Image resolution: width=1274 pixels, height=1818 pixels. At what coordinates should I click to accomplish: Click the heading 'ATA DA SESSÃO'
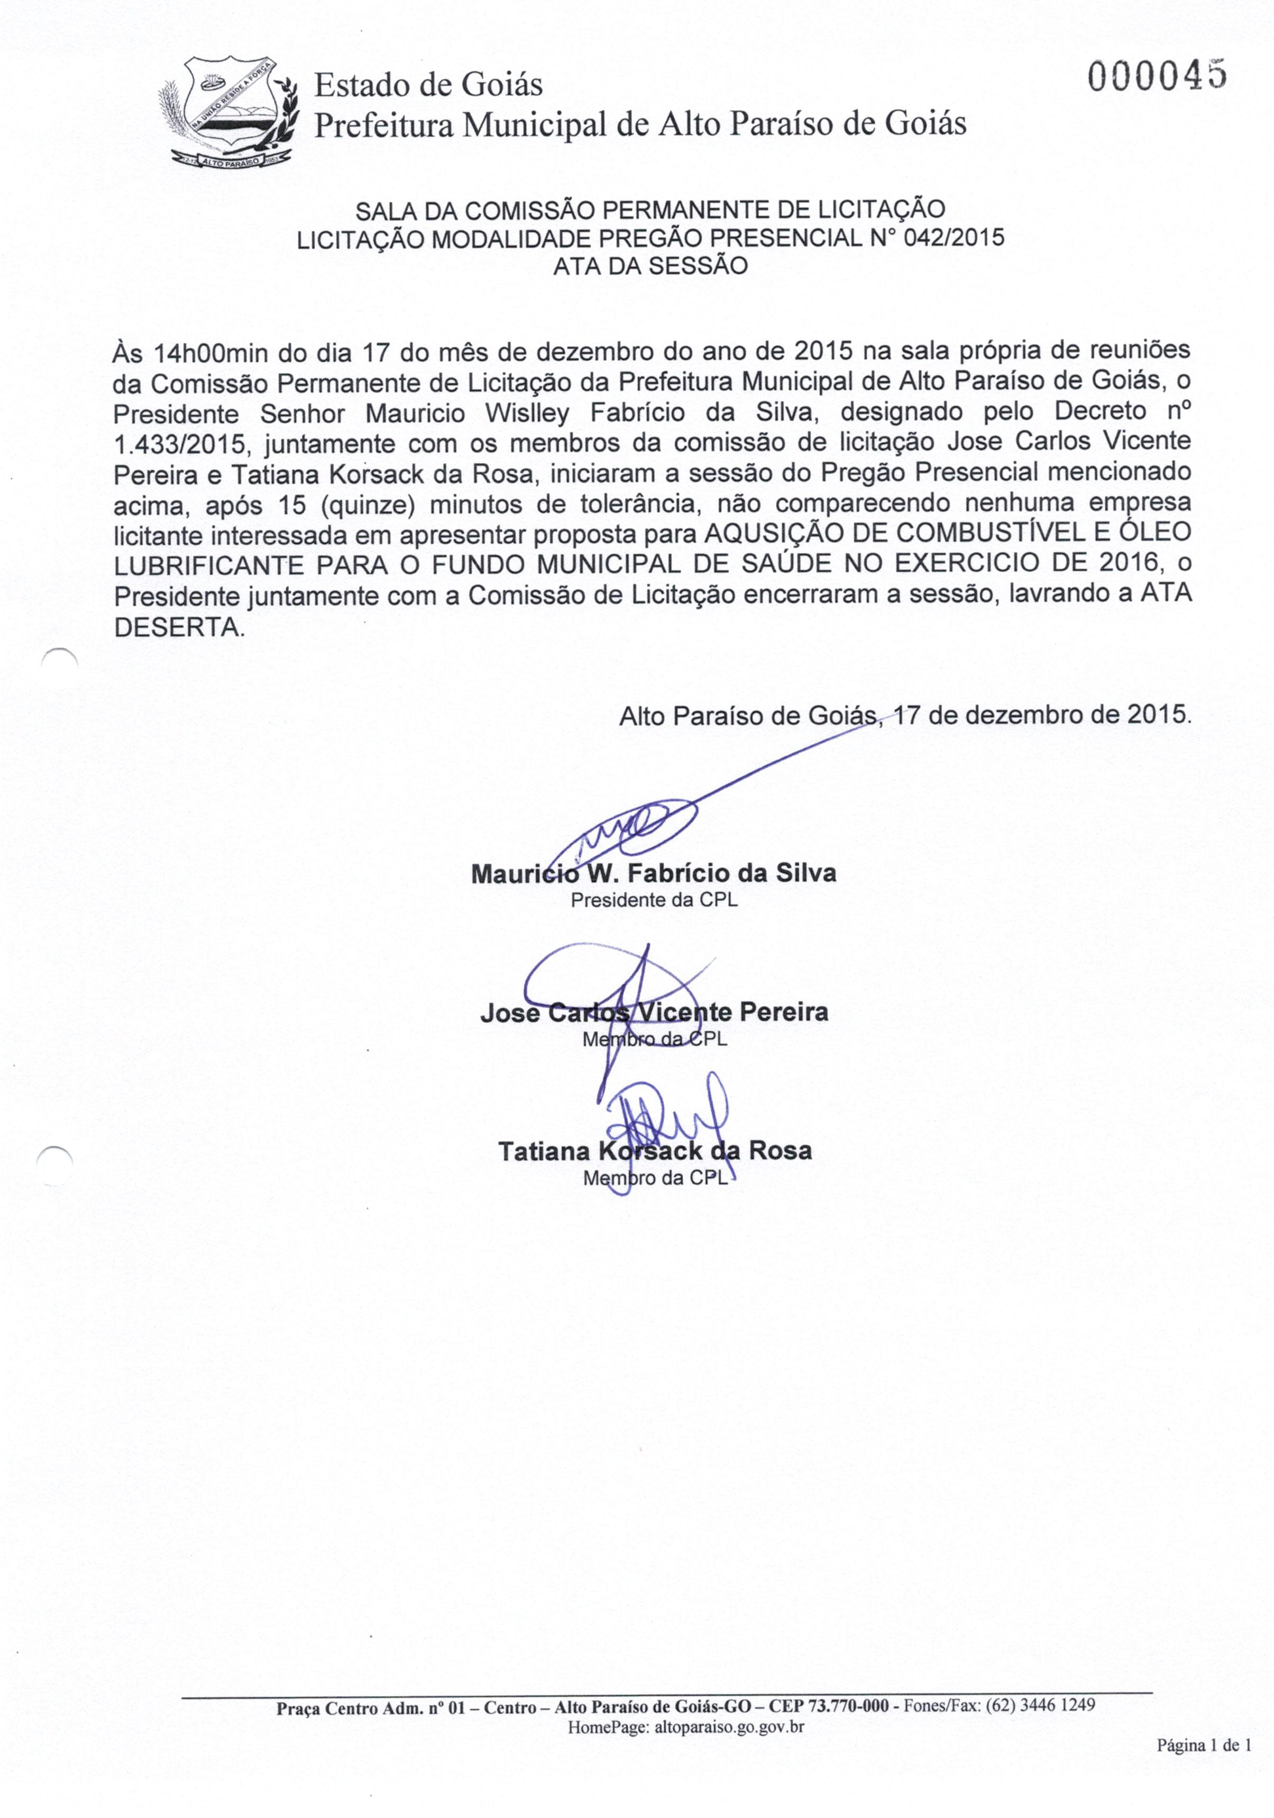[650, 266]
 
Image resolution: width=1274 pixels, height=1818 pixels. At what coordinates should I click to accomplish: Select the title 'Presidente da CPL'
[654, 900]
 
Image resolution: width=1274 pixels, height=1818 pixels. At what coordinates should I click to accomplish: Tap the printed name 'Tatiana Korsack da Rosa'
[655, 1150]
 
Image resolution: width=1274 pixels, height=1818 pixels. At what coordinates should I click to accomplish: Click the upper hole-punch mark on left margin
[59, 658]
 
